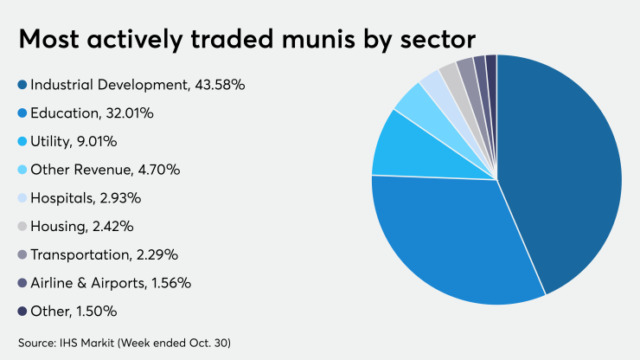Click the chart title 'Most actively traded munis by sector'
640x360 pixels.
[247, 40]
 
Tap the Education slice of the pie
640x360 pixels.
[453, 241]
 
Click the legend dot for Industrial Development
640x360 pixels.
[22, 85]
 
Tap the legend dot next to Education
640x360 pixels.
[22, 113]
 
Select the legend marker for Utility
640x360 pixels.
[22, 141]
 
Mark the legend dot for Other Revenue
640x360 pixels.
[22, 170]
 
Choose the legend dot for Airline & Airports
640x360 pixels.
[22, 283]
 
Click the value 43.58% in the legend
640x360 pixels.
[220, 85]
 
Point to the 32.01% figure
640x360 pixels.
[130, 113]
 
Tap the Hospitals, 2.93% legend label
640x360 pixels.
[86, 198]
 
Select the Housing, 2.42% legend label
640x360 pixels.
[82, 227]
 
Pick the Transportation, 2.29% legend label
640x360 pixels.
[105, 254]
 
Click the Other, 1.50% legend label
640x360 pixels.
[74, 312]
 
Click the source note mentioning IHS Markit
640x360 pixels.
[125, 343]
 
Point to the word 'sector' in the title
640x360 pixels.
[438, 41]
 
